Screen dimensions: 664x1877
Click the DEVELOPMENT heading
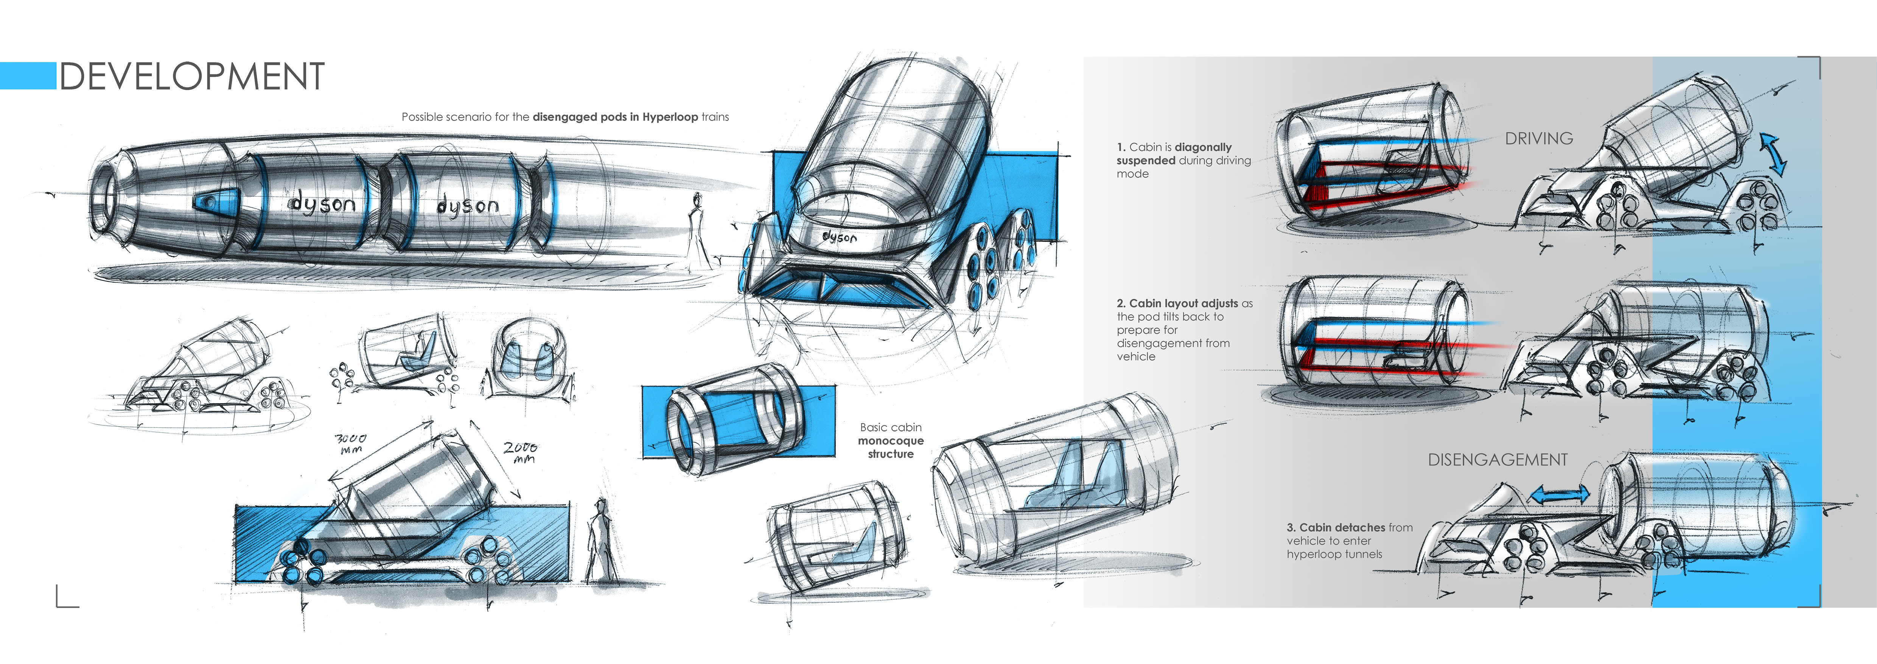click(x=191, y=76)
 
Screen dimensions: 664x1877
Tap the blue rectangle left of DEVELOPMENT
click(x=28, y=76)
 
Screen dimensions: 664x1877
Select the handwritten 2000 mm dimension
click(x=520, y=452)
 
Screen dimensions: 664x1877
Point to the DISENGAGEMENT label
click(x=1498, y=460)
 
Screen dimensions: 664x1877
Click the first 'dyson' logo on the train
click(x=323, y=203)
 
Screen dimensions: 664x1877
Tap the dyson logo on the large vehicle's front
click(x=840, y=237)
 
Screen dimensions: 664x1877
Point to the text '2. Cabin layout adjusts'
click(x=1177, y=303)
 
